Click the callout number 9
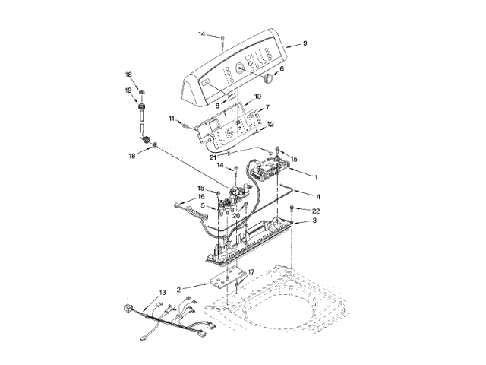tap(305, 43)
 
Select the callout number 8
tap(216, 105)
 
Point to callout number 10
tap(257, 97)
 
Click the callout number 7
tap(267, 107)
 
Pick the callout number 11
tap(173, 119)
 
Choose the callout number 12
tap(270, 124)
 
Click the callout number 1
tap(315, 176)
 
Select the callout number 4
tap(308, 197)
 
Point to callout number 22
tap(316, 210)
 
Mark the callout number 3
tap(315, 221)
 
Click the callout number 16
tap(201, 197)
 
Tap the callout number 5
tap(203, 206)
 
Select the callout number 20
tap(236, 216)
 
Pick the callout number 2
tap(178, 290)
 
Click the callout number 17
tap(251, 272)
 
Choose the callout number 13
tap(162, 292)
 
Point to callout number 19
tap(128, 90)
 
